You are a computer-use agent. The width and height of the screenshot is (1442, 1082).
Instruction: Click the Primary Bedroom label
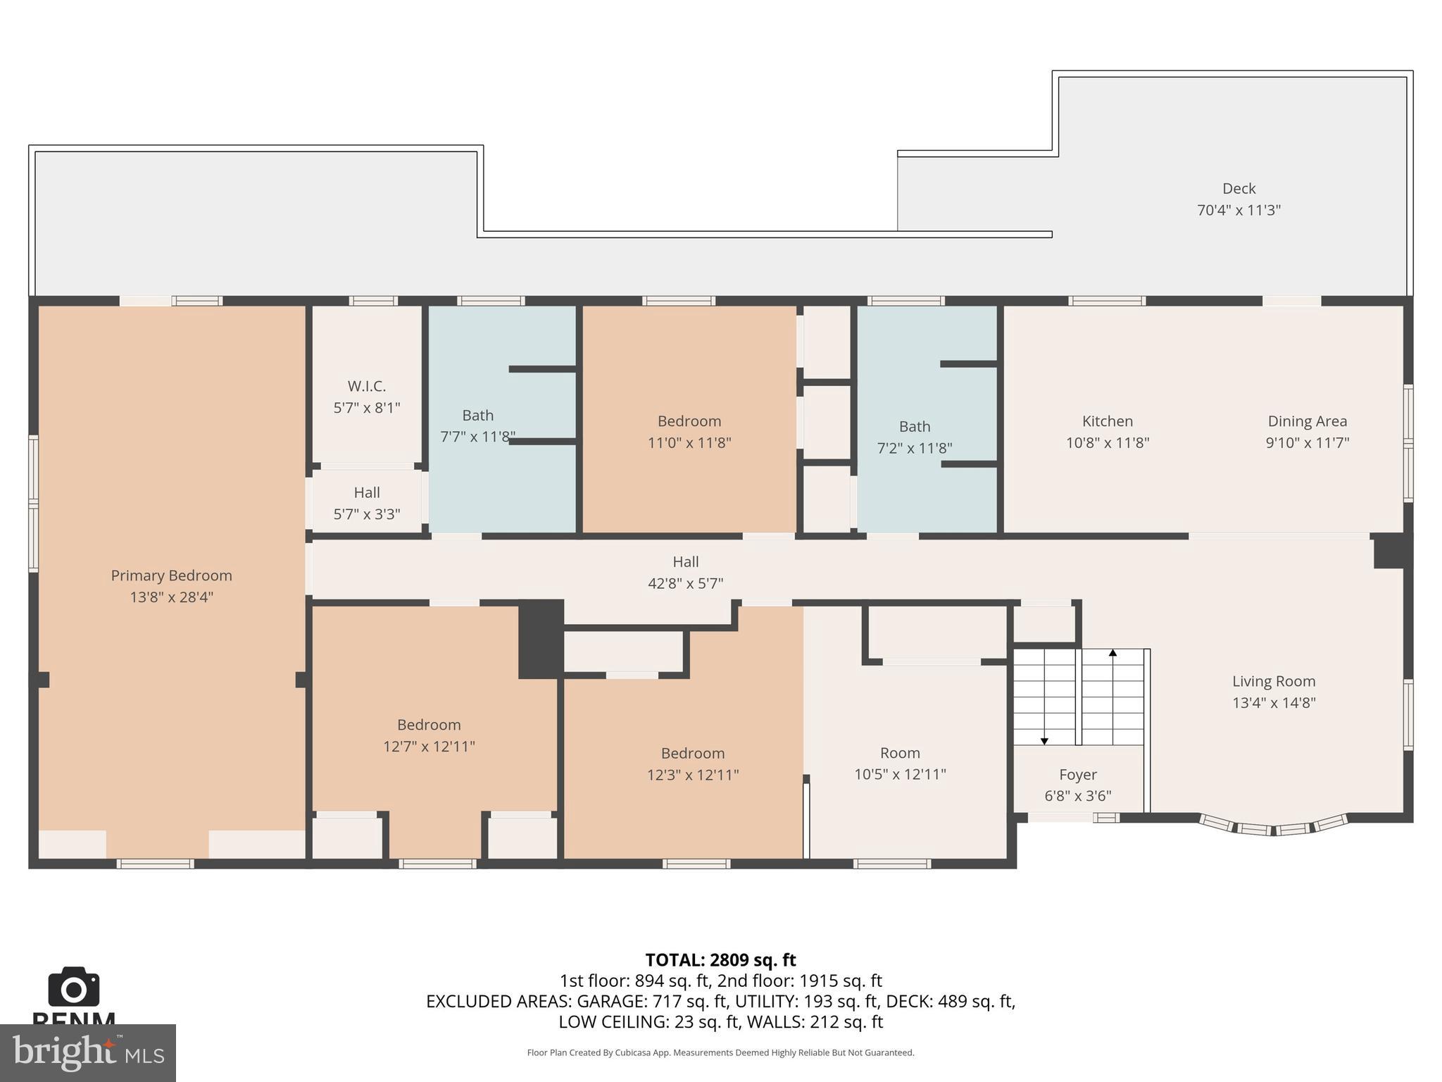171,576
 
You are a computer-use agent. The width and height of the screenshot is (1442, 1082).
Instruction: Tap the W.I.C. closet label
366,386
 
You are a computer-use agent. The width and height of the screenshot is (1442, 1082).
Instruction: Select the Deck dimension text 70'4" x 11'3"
1239,210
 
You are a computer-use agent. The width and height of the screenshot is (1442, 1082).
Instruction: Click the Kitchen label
1107,421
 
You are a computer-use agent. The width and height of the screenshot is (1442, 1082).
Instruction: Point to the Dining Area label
1307,421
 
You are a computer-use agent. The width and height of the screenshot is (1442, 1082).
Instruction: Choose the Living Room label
1273,681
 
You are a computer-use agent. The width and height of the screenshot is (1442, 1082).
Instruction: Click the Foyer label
1077,775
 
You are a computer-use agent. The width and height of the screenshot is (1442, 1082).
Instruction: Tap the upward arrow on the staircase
1112,654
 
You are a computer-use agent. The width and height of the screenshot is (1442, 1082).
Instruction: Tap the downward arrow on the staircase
1044,740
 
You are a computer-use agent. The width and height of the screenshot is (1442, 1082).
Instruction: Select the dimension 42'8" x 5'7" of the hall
685,583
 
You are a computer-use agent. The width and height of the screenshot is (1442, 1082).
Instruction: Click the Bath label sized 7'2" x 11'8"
914,427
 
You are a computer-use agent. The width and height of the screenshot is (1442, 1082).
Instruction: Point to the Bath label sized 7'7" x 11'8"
477,416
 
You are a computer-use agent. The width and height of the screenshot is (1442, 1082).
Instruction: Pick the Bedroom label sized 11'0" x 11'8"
689,421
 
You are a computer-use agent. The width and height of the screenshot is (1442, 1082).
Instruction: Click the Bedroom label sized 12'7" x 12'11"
428,725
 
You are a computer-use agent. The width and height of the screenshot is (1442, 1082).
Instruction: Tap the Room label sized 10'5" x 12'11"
899,753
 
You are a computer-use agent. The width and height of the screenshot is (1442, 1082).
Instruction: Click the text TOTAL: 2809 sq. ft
720,960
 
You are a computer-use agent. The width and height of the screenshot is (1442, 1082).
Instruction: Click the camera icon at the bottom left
73,988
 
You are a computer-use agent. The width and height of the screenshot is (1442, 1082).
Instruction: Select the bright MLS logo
87,1052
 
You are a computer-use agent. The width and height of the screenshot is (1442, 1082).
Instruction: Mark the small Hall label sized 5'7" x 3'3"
366,492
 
